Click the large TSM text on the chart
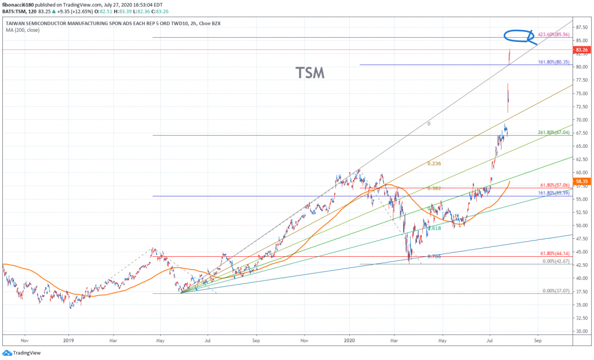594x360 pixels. (x=310, y=72)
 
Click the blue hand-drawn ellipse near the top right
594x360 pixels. (x=518, y=36)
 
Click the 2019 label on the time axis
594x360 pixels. (x=68, y=341)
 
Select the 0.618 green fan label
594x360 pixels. (x=434, y=228)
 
